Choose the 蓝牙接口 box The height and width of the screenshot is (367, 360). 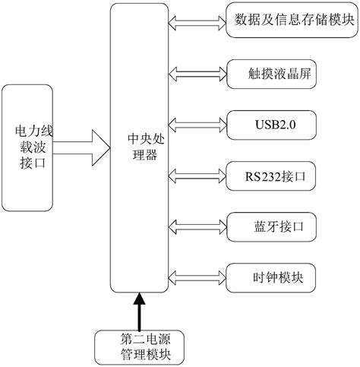click(271, 226)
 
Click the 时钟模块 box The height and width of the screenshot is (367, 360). click(271, 276)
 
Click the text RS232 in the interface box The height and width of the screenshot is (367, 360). click(262, 176)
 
